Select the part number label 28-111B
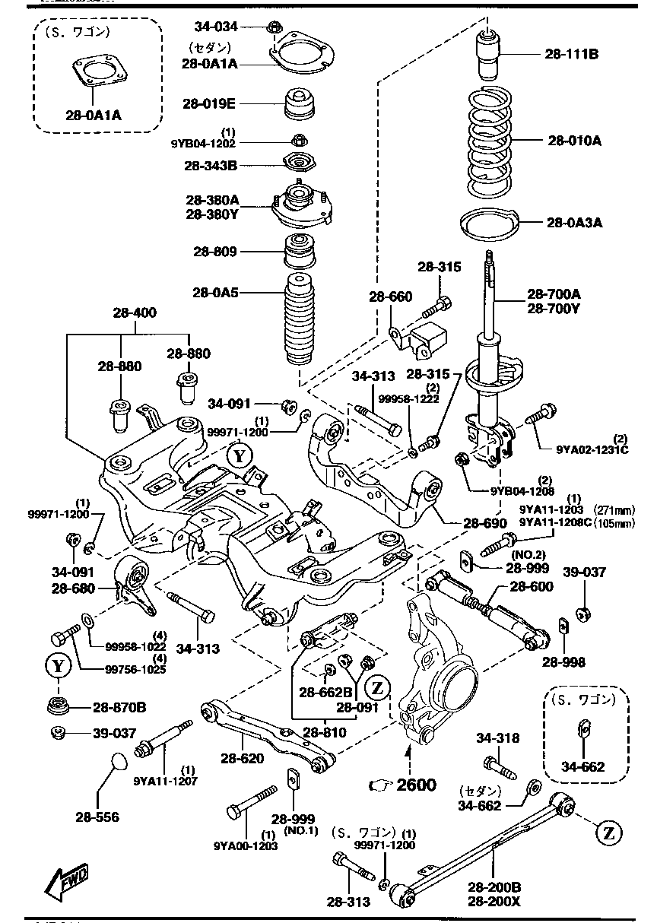click(571, 54)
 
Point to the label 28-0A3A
click(573, 223)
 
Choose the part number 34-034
click(217, 27)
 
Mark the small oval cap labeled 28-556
click(116, 761)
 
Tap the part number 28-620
click(243, 758)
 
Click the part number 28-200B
click(494, 887)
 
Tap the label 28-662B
click(325, 692)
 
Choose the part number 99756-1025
click(118, 669)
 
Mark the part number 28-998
click(563, 662)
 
